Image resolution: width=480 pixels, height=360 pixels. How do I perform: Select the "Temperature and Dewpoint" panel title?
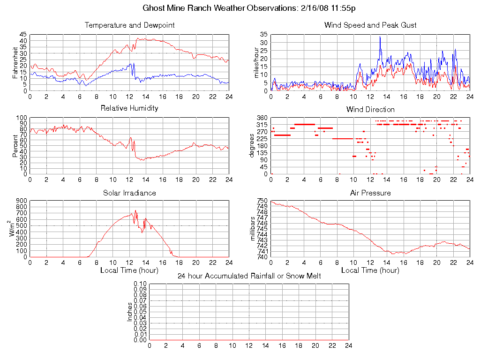point(129,25)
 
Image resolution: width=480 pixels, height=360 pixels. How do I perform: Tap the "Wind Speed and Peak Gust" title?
point(370,25)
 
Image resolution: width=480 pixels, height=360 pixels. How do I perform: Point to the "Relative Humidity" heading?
point(129,108)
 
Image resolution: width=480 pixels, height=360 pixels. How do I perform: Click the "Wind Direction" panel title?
point(370,110)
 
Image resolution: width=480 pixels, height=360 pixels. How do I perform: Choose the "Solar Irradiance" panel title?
point(129,193)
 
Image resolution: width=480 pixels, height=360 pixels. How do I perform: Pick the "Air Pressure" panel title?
point(370,193)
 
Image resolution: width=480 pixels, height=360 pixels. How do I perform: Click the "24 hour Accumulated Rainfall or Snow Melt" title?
point(249,276)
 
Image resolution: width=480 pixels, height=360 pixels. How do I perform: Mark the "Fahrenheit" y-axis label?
point(15,62)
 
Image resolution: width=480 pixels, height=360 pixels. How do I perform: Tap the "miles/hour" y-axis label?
point(256,62)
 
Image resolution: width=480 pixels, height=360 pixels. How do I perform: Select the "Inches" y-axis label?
point(130,312)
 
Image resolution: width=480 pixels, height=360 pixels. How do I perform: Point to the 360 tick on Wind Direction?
point(262,118)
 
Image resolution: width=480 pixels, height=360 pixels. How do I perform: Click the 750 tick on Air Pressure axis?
point(262,201)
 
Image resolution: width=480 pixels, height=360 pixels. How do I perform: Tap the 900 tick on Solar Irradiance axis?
point(21,201)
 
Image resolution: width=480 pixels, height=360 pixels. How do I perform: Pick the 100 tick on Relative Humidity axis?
point(21,118)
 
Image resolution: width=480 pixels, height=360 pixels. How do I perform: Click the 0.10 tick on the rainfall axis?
point(140,284)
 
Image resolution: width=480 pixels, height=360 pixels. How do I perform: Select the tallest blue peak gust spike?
point(380,37)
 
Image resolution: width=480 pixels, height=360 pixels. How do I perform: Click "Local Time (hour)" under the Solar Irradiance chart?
point(129,270)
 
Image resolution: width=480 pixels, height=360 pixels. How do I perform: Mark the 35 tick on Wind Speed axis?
point(263,35)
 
